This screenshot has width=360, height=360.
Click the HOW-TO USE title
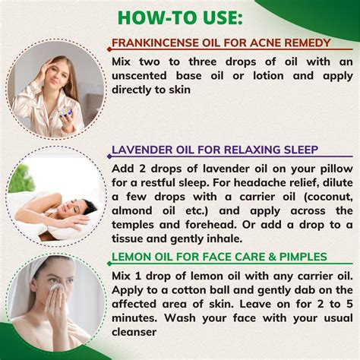[x=180, y=16]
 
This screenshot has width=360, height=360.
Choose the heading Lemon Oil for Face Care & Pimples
[x=219, y=257]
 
